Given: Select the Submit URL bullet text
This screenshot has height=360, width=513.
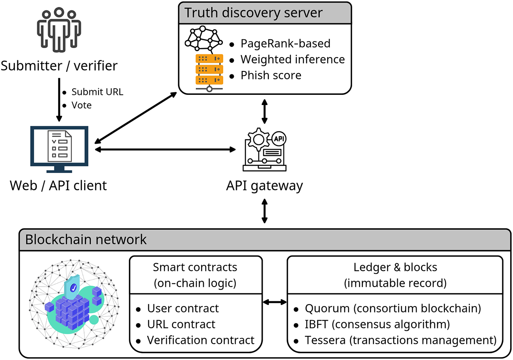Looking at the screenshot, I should tap(97, 92).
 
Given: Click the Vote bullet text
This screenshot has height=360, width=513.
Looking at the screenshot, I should tap(81, 105).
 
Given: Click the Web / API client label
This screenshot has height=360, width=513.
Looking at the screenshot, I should tap(58, 185).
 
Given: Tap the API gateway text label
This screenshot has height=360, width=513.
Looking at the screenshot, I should tap(264, 186).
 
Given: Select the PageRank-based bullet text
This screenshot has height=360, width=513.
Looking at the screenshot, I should tap(285, 44).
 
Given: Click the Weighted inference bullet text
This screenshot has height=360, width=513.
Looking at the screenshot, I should tap(292, 60).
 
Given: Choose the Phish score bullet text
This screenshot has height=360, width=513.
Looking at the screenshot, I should tap(271, 76).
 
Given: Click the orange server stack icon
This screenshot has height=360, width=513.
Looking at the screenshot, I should tap(208, 69).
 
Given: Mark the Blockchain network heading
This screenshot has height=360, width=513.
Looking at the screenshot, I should tap(86, 239).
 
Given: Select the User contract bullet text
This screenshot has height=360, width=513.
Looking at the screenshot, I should tap(183, 308).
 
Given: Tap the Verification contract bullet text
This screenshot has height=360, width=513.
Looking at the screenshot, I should tap(201, 340).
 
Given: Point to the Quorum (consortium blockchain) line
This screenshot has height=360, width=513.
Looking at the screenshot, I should tap(393, 308).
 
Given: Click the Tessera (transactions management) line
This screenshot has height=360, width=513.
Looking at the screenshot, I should tap(401, 340).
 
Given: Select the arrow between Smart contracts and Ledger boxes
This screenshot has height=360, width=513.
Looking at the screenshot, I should tap(275, 302).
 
